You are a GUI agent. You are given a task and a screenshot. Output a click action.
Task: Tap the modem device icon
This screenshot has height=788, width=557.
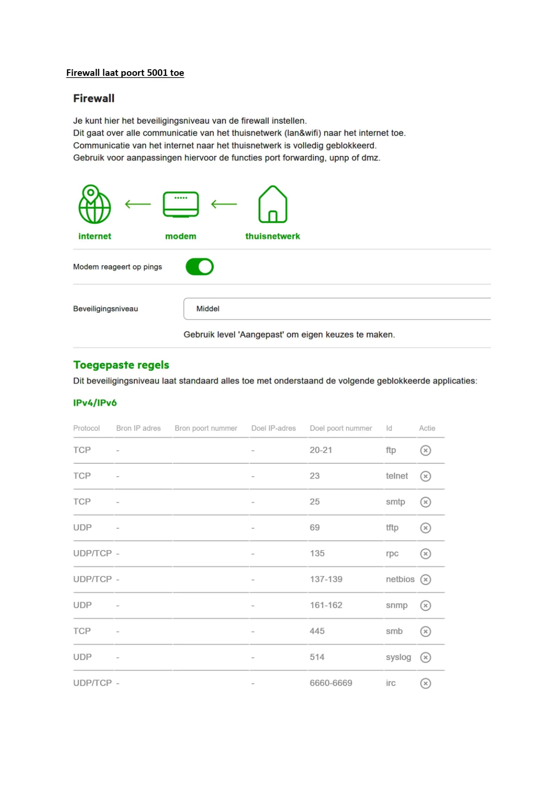click(x=181, y=204)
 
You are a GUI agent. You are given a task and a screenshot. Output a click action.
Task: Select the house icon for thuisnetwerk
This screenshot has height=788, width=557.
click(x=272, y=204)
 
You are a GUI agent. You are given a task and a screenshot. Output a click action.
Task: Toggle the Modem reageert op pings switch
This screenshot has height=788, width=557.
click(x=199, y=267)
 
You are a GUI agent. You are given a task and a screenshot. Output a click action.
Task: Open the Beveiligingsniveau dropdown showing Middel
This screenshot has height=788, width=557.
click(x=337, y=309)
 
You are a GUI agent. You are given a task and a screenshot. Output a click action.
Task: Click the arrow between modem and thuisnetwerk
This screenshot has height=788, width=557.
click(x=224, y=204)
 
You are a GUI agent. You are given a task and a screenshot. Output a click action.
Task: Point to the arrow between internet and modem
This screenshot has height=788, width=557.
click(x=138, y=204)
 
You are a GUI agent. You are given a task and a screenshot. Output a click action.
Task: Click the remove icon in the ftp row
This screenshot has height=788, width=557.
click(x=425, y=450)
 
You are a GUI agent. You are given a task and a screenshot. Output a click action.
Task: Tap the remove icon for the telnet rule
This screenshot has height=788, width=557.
click(x=425, y=476)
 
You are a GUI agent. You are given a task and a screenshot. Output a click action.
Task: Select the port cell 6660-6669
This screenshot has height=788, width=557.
click(x=331, y=683)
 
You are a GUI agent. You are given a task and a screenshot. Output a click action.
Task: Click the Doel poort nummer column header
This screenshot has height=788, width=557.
click(x=341, y=428)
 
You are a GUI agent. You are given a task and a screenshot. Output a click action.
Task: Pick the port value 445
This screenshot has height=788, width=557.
click(x=317, y=631)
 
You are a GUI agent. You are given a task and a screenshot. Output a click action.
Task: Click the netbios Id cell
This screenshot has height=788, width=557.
click(x=400, y=580)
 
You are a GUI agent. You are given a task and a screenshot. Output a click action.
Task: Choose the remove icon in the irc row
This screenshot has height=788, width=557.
click(x=425, y=684)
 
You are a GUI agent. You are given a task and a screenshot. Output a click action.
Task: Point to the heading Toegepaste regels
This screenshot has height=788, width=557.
click(x=121, y=365)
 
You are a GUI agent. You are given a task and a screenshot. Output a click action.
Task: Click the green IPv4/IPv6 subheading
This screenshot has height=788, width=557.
click(x=95, y=403)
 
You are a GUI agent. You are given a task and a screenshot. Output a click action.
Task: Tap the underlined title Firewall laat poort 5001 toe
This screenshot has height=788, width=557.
click(x=125, y=73)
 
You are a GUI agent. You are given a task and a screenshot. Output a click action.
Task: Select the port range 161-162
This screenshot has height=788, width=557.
click(x=326, y=605)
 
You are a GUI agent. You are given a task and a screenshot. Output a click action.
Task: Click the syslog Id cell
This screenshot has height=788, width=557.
click(x=398, y=657)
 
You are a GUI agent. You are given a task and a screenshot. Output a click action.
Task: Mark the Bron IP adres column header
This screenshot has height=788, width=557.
click(x=139, y=428)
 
